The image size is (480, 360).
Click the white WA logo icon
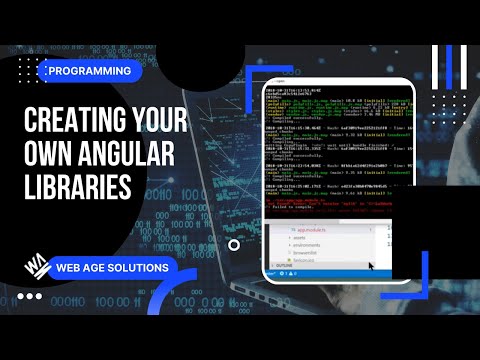pyautogui.click(x=37, y=267)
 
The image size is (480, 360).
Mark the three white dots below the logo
pyautogui.click(x=31, y=296)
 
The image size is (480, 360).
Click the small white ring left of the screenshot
pyautogui.click(x=234, y=243)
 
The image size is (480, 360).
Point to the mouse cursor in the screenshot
pyautogui.click(x=371, y=266)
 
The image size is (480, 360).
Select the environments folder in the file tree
pyautogui.click(x=307, y=246)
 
